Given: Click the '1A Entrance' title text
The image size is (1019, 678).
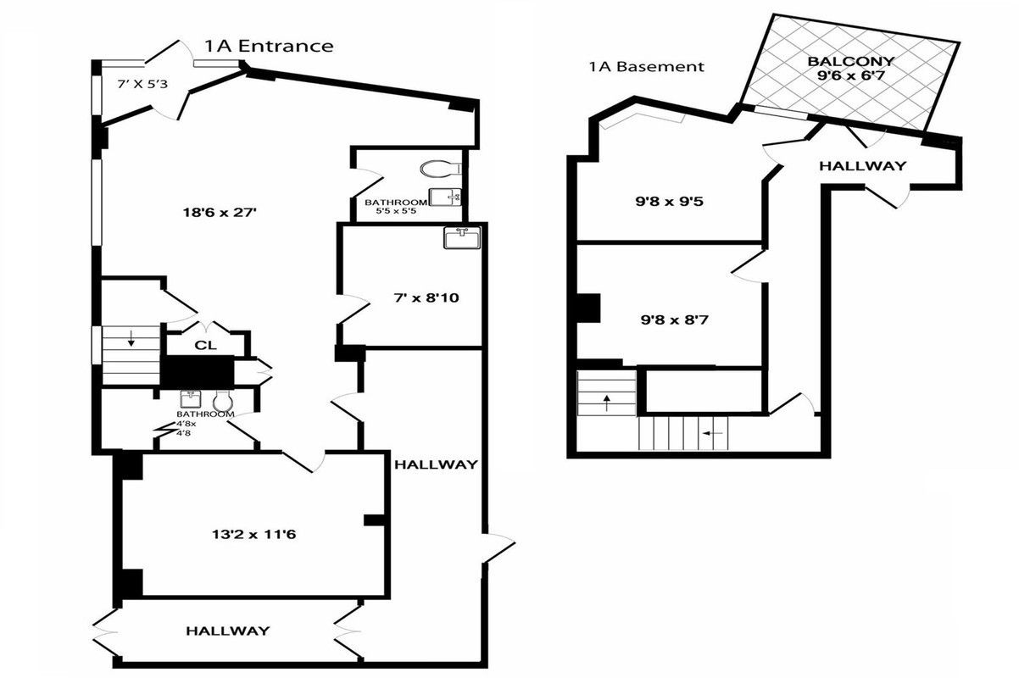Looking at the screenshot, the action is [x=269, y=46].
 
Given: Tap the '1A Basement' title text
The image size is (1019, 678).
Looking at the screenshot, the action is [x=647, y=67].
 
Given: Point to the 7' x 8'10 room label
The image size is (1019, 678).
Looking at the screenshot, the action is [x=409, y=297].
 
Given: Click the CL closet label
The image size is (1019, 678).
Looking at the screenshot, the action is [x=204, y=345].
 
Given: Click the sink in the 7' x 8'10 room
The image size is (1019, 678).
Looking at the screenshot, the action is [x=462, y=237].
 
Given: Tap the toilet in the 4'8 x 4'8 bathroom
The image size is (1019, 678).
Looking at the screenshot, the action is [x=223, y=400].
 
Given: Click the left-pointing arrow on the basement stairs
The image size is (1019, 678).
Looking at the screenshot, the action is [x=712, y=433].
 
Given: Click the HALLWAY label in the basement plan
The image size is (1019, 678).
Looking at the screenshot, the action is [x=861, y=166].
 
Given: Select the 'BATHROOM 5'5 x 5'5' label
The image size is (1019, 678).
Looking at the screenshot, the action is [x=390, y=206].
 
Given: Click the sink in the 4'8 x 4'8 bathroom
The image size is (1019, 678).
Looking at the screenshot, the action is [x=189, y=399].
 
